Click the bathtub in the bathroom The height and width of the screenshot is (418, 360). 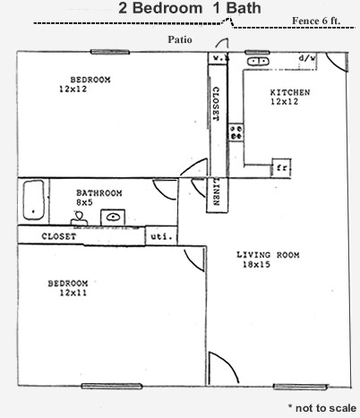click(34, 200)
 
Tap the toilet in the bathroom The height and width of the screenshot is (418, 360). click(79, 218)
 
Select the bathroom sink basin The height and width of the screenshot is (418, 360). click(113, 217)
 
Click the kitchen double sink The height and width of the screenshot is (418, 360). click(258, 61)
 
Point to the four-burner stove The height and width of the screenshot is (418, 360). click(236, 132)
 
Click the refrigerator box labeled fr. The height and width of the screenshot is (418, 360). click(281, 167)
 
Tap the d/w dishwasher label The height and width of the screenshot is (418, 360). click(307, 58)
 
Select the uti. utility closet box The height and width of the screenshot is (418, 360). click(161, 236)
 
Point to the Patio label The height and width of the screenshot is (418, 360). click(180, 39)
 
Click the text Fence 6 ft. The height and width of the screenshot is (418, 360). click(316, 21)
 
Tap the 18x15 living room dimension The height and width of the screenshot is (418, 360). click(256, 264)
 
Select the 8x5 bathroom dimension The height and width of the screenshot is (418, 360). click(84, 202)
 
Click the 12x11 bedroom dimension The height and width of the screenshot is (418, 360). click(73, 293)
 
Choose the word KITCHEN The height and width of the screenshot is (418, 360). click(290, 92)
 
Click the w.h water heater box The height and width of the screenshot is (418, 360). click(218, 58)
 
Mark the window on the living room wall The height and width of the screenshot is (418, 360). click(300, 387)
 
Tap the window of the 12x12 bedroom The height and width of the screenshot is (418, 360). click(110, 52)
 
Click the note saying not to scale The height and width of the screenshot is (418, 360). click(322, 408)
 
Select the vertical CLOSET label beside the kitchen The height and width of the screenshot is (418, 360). click(216, 104)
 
